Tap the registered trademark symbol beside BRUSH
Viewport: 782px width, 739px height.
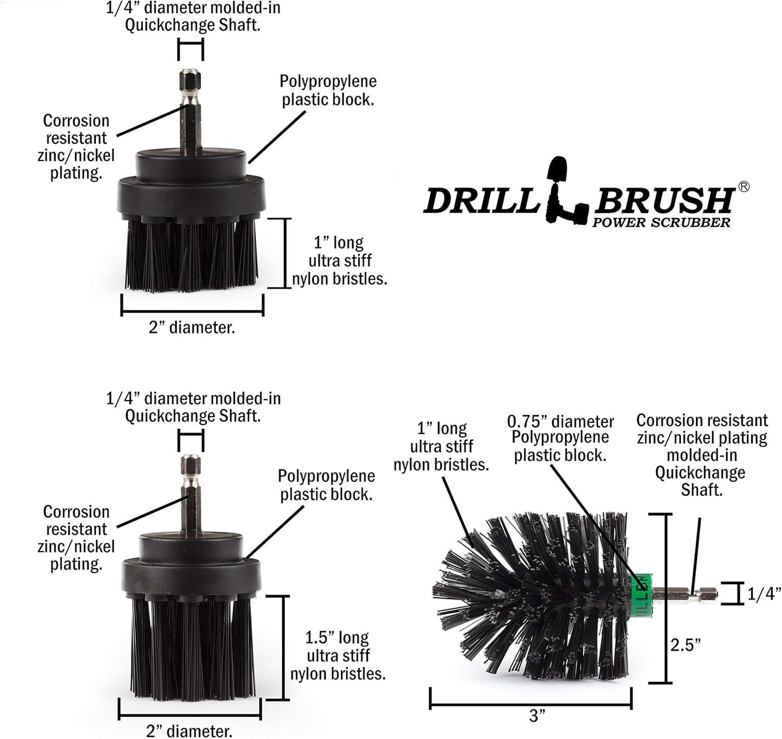pyautogui.click(x=744, y=187)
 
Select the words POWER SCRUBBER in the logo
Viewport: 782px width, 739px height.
pyautogui.click(x=661, y=222)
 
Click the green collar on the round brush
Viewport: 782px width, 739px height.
pyautogui.click(x=642, y=593)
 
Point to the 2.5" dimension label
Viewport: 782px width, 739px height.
pyautogui.click(x=686, y=645)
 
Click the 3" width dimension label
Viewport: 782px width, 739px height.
pyautogui.click(x=537, y=716)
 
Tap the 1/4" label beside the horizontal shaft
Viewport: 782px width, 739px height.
pyautogui.click(x=764, y=594)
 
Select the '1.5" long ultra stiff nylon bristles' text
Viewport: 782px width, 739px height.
pyautogui.click(x=338, y=655)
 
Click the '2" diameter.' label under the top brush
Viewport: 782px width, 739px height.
pyautogui.click(x=192, y=328)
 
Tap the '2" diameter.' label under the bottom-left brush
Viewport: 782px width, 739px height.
pyautogui.click(x=189, y=731)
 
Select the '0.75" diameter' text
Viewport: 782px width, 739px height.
pyautogui.click(x=560, y=422)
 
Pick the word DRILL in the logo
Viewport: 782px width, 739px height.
pyautogui.click(x=481, y=201)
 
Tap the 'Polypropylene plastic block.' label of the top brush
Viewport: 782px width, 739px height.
pyautogui.click(x=328, y=90)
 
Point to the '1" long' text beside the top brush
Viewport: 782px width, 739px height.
pyautogui.click(x=339, y=242)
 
